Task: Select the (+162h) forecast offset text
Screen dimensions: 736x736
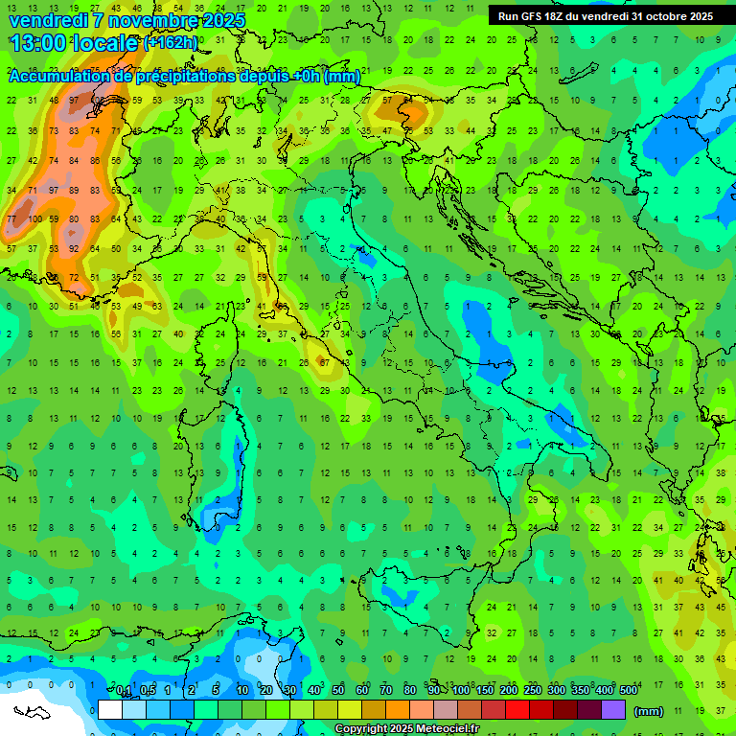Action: (173, 43)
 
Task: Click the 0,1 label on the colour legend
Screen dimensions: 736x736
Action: (124, 690)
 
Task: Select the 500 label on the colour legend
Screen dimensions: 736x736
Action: (629, 690)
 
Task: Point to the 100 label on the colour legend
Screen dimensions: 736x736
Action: (461, 690)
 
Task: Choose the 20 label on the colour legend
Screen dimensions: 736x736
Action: (266, 690)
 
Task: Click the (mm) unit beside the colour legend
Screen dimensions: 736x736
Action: (649, 711)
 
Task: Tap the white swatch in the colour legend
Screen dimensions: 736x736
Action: (110, 709)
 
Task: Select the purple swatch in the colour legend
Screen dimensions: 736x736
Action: (613, 709)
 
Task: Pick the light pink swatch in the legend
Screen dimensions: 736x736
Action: (422, 709)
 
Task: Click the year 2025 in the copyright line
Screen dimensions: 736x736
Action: (402, 729)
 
